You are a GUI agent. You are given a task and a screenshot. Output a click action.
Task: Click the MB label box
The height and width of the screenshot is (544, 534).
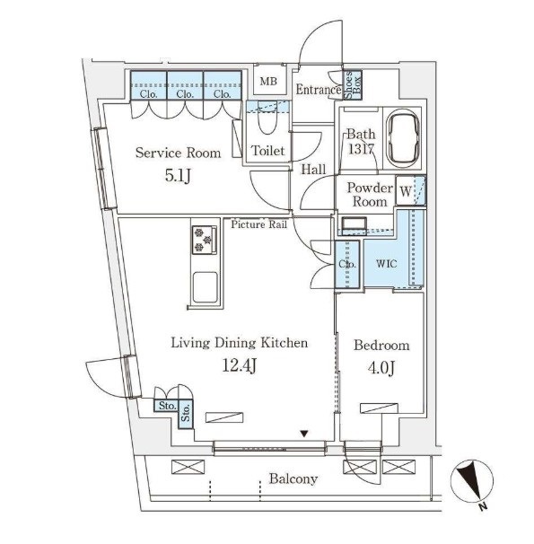tap(269, 81)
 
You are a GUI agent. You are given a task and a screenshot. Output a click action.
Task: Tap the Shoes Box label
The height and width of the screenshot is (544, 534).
tap(353, 85)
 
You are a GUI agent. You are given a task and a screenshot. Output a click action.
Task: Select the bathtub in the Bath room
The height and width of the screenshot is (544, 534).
tap(403, 139)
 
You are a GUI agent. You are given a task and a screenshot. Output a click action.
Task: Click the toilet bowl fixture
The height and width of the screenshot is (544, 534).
tap(267, 118)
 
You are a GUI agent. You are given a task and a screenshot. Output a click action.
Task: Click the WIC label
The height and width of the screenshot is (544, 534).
tap(386, 264)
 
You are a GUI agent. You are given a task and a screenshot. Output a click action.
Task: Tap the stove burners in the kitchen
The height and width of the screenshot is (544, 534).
tap(204, 240)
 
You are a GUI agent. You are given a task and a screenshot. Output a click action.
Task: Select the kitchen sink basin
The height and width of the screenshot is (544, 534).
tap(206, 287)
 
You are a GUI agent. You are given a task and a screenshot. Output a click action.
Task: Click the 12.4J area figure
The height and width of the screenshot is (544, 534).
tap(240, 365)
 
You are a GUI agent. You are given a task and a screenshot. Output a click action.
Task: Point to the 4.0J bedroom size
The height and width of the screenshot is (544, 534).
tap(381, 367)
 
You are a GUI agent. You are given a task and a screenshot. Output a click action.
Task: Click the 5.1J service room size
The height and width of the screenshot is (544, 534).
tap(178, 175)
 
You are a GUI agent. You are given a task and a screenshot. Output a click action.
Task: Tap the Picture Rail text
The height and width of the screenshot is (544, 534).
tap(259, 224)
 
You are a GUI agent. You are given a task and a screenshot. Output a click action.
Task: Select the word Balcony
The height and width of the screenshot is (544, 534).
tap(293, 478)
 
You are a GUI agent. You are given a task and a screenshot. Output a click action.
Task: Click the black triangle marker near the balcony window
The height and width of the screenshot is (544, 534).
tap(304, 434)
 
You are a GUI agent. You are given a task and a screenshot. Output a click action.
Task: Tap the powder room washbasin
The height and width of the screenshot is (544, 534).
tap(354, 224)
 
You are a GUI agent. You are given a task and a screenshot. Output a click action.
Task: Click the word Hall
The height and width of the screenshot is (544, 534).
tap(313, 170)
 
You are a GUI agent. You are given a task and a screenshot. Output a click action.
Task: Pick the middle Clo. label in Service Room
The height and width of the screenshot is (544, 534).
tap(185, 93)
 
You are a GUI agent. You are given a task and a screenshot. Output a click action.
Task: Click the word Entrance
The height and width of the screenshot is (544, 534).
tap(319, 90)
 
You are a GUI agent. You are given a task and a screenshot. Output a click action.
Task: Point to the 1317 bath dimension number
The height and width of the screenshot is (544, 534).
tap(361, 149)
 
